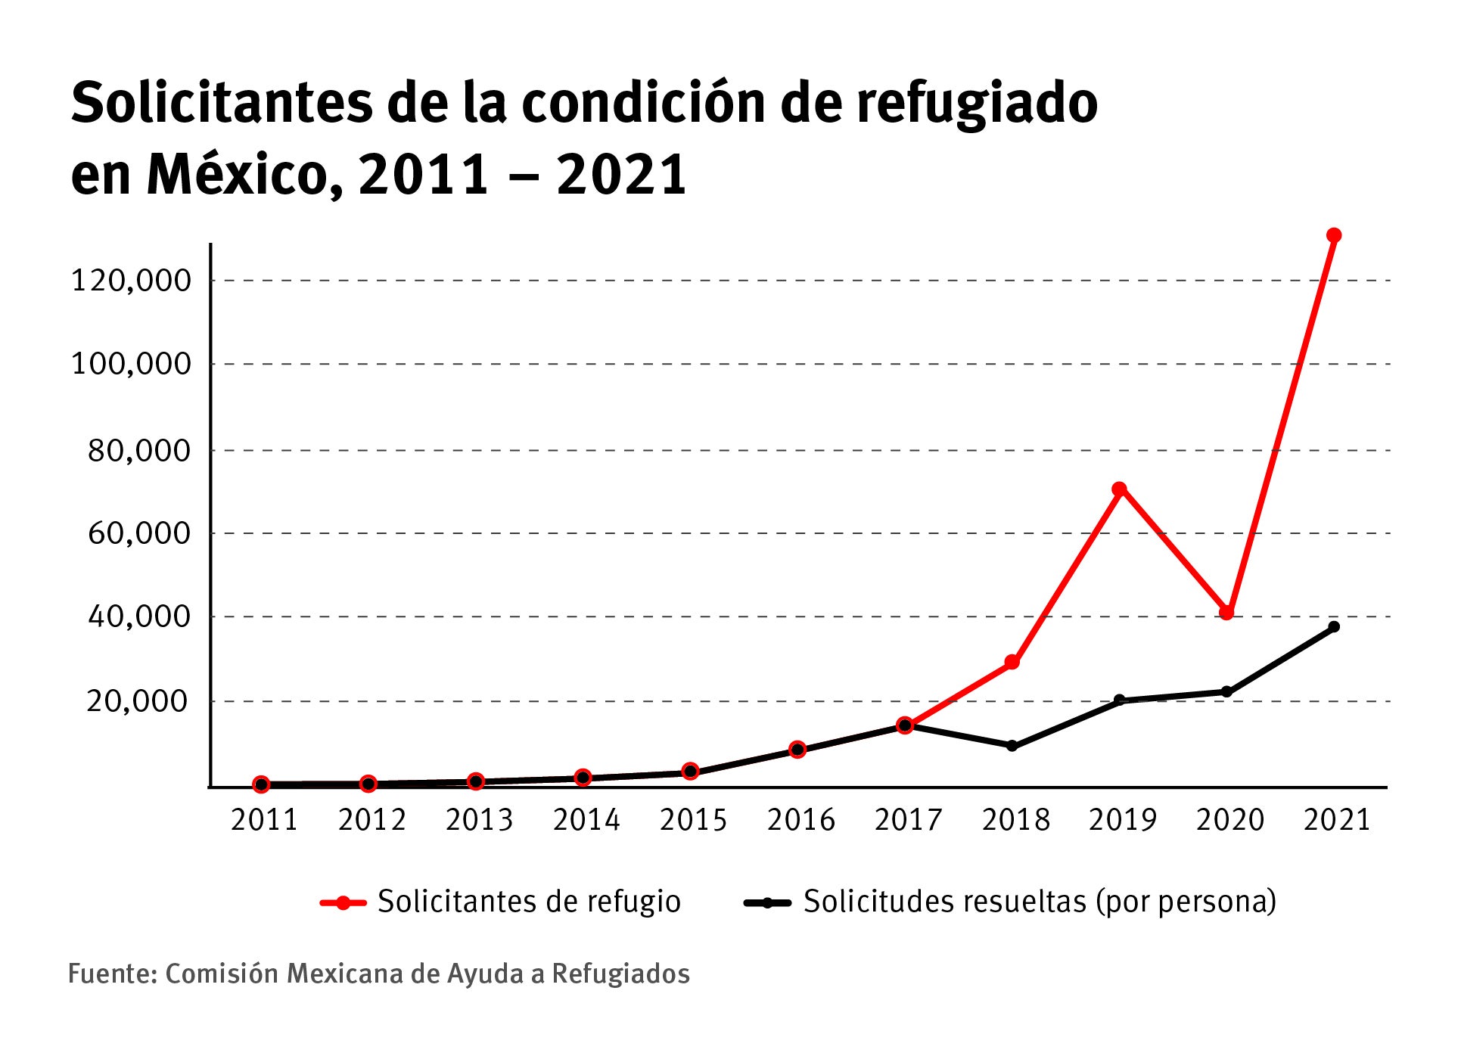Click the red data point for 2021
coord(1334,235)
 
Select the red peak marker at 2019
coord(1120,489)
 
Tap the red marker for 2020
coord(1226,613)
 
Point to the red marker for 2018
coord(1012,663)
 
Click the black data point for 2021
coord(1334,626)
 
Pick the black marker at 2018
coord(1012,746)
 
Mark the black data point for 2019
coord(1120,700)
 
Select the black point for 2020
coord(1226,691)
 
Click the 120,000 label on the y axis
coord(131,281)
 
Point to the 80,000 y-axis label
coord(139,451)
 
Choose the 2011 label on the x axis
coord(264,820)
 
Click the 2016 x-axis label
coord(800,820)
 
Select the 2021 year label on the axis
coord(1337,820)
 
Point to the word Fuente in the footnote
coord(112,974)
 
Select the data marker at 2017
coord(905,725)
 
